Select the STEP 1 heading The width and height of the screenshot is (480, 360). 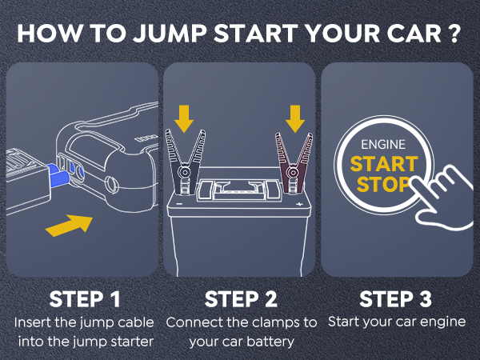point(85,299)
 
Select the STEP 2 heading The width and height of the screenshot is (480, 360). point(240,299)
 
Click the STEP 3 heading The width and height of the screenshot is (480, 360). point(395,299)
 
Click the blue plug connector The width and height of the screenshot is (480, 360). point(57,171)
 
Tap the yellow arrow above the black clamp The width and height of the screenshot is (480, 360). point(185,118)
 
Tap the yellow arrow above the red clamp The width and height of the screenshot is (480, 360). point(295,118)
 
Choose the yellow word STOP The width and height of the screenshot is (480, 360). point(378,186)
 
